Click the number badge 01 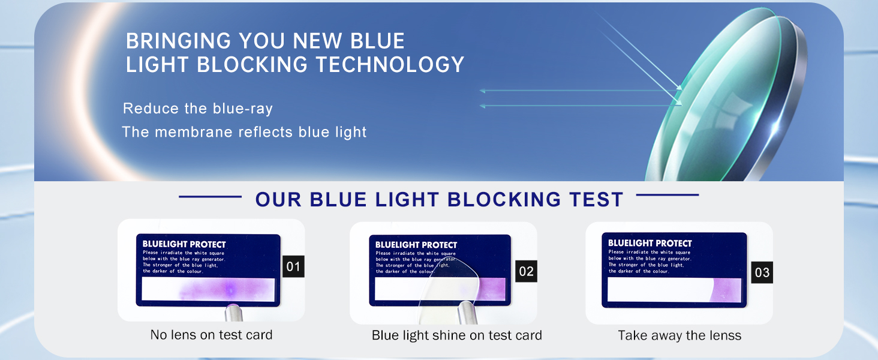[x=293, y=266]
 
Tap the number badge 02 [x=526, y=271]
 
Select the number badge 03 [x=762, y=272]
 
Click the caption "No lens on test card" [x=211, y=335]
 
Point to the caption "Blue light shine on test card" [x=456, y=335]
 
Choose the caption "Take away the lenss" [x=679, y=335]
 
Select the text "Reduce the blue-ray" [x=198, y=109]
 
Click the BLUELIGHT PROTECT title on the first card [x=184, y=244]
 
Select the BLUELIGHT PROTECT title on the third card [x=650, y=243]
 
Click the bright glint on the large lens [x=774, y=125]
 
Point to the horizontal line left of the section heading [x=210, y=196]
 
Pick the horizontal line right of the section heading [x=667, y=195]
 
